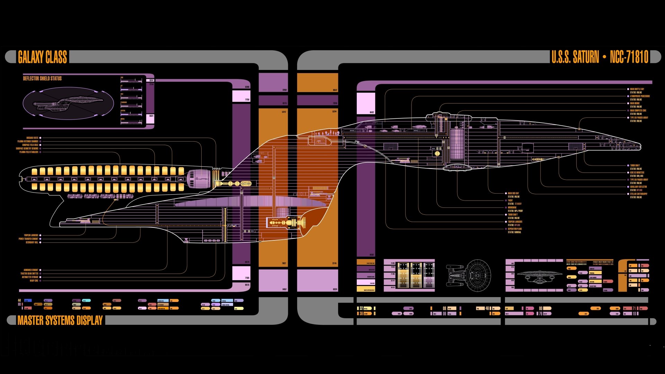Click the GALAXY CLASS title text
click(42, 57)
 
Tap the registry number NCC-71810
click(629, 57)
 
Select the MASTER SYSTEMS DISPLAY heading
click(60, 320)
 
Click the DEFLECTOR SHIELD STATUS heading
click(42, 79)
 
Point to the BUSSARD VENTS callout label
click(32, 138)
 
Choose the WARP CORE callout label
click(34, 281)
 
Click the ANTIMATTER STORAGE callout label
click(30, 277)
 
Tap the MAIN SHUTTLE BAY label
click(637, 89)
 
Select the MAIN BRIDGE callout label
click(635, 103)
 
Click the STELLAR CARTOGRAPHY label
click(639, 194)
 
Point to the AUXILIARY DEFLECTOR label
click(638, 187)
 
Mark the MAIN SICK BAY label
click(513, 193)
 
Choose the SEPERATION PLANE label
click(515, 229)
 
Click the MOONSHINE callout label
click(512, 207)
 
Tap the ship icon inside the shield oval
click(68, 103)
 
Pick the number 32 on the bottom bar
click(361, 308)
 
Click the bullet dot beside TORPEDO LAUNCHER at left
click(41, 235)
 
